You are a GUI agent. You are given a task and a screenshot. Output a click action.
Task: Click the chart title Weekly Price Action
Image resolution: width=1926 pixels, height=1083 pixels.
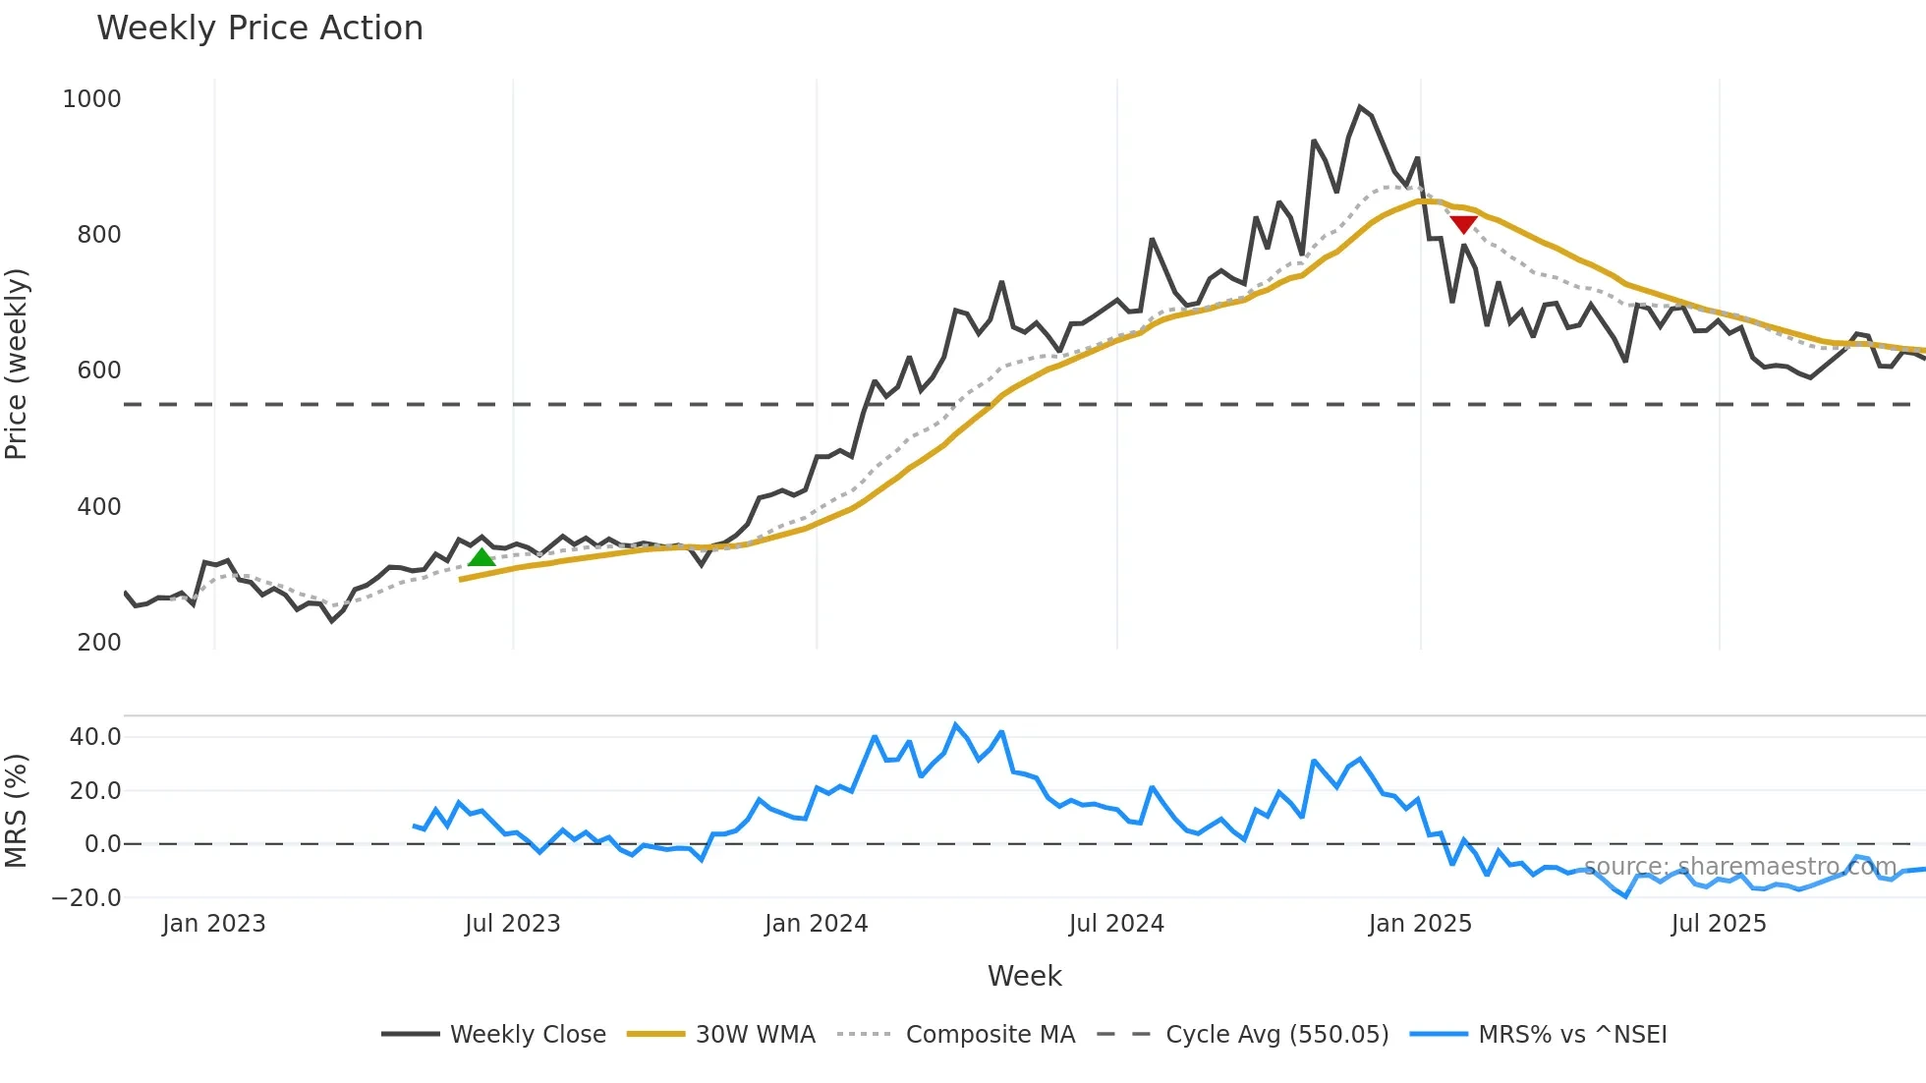click(x=259, y=28)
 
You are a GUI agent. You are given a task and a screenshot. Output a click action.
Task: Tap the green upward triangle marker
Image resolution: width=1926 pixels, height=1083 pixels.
click(x=481, y=558)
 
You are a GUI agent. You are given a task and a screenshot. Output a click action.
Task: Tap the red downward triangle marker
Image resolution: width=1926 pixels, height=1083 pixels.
click(x=1463, y=225)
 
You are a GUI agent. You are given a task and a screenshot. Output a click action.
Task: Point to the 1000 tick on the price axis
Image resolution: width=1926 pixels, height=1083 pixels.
click(x=91, y=99)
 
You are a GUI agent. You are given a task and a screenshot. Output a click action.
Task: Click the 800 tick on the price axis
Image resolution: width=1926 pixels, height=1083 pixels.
click(x=99, y=235)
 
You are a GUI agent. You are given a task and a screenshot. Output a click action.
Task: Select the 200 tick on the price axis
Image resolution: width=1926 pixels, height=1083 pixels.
click(x=99, y=643)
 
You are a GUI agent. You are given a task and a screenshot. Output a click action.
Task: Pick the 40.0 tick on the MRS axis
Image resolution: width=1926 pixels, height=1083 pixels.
click(x=95, y=737)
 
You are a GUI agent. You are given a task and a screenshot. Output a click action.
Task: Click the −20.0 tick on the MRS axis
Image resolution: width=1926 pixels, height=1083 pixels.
click(x=86, y=898)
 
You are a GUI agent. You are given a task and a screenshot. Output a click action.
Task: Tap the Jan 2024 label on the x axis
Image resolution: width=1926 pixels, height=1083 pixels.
click(x=816, y=924)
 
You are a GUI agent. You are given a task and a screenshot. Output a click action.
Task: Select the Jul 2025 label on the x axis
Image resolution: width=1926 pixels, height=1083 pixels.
click(x=1719, y=924)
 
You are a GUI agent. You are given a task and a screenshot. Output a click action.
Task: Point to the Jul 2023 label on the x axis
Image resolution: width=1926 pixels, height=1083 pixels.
click(x=512, y=924)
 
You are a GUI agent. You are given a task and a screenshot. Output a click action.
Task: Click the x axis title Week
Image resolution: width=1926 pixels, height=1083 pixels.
click(x=1024, y=976)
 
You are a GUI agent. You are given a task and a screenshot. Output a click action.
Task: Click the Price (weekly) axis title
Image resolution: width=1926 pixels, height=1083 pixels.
click(x=17, y=364)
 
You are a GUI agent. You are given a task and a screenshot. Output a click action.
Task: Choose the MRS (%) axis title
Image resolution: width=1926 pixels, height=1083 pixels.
click(x=17, y=811)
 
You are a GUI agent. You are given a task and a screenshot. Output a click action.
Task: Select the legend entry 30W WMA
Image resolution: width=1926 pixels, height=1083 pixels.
click(x=755, y=1035)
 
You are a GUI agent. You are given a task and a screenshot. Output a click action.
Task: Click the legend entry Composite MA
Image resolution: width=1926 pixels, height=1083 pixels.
click(x=990, y=1035)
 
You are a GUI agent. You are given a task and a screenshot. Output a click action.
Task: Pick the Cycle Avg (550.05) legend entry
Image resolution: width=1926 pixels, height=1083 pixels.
click(x=1276, y=1035)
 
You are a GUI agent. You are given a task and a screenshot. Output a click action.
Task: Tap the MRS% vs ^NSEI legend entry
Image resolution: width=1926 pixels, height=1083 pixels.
click(x=1572, y=1035)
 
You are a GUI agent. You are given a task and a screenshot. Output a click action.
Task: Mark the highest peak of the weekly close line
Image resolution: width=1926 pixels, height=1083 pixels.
click(x=1360, y=107)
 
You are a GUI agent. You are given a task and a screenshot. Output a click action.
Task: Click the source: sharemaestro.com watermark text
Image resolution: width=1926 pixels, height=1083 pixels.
click(x=1739, y=867)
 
